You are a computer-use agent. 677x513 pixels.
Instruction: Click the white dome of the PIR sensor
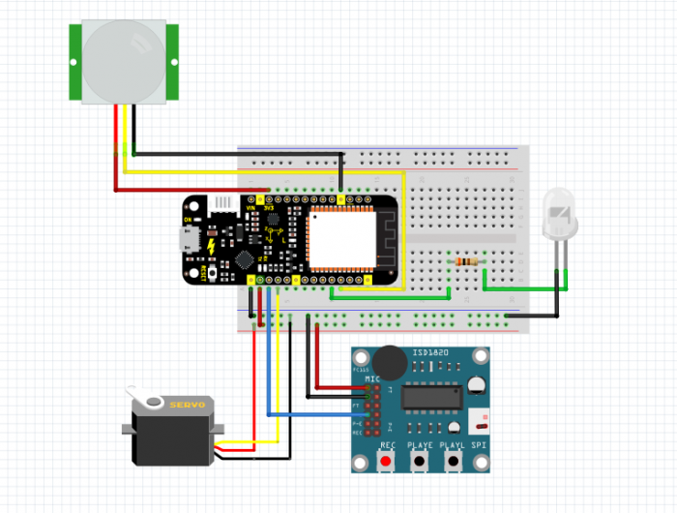(x=124, y=59)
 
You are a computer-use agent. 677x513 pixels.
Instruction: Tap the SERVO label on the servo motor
(x=188, y=404)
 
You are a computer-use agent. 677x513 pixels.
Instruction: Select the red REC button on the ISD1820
(x=388, y=461)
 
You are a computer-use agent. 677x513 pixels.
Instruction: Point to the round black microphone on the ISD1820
(x=390, y=362)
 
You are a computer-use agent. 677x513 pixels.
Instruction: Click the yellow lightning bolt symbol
(x=210, y=244)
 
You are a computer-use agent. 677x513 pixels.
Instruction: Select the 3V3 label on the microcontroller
(x=269, y=206)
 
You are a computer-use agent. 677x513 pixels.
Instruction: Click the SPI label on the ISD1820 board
(x=479, y=445)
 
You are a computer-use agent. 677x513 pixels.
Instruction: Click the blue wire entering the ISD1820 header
(x=319, y=414)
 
